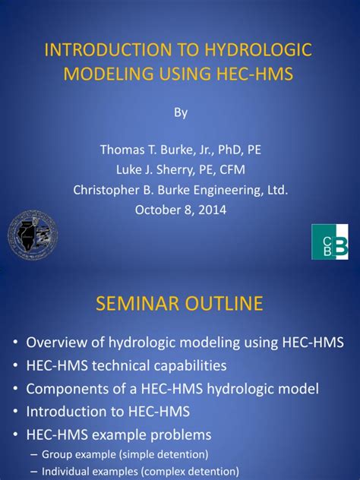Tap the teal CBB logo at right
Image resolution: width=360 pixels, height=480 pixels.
[x=330, y=242]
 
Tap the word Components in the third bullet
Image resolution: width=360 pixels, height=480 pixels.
[x=65, y=389]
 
